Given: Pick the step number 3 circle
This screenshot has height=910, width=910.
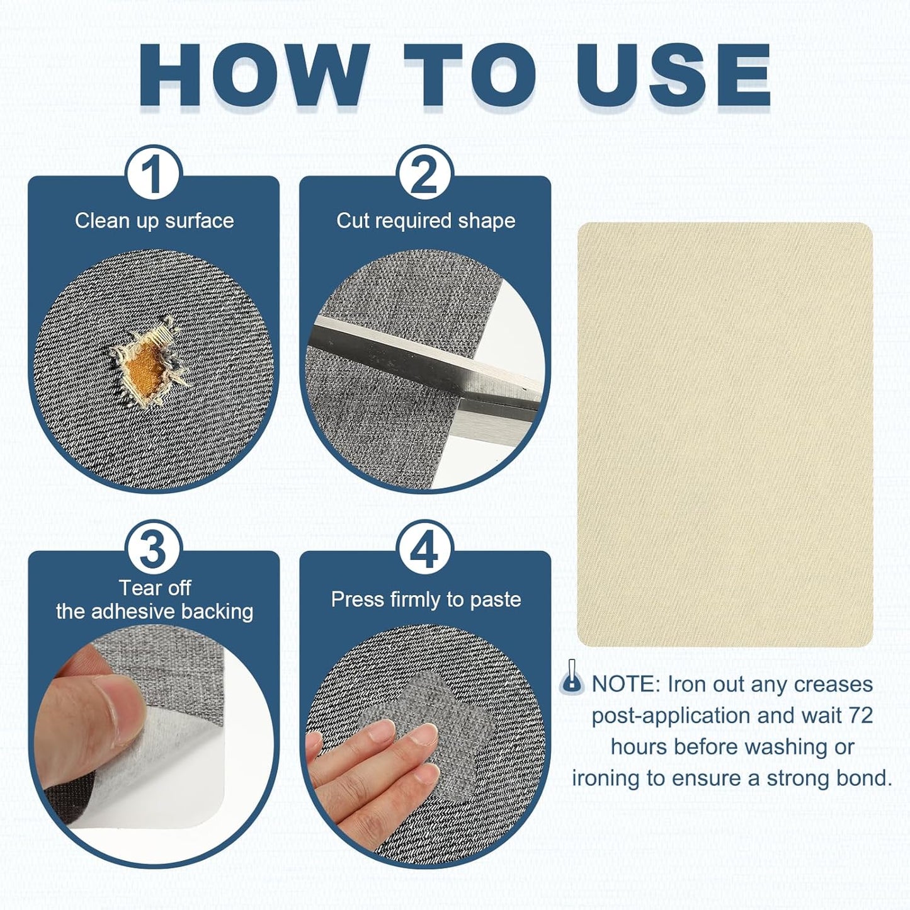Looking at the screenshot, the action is click(x=154, y=549).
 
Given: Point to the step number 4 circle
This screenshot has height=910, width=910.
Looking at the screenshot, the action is click(x=425, y=549).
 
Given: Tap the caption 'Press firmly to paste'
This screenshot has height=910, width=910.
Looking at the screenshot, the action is click(x=426, y=600).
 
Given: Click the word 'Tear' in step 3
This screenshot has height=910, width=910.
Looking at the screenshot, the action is click(x=137, y=588).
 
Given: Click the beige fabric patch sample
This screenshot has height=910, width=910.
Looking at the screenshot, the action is click(x=725, y=435).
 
